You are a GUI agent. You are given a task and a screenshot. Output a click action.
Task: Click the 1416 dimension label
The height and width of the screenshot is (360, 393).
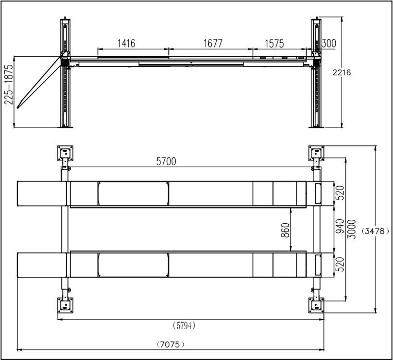click(126, 43)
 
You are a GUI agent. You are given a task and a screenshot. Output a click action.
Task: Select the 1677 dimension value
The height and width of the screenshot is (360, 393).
click(213, 43)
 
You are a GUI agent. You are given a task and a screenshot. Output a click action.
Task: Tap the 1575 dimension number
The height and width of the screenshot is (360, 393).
click(274, 44)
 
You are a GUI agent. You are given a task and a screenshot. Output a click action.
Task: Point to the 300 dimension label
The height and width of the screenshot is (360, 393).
click(329, 43)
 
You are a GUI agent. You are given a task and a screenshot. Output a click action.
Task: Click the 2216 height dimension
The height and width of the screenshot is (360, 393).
click(342, 72)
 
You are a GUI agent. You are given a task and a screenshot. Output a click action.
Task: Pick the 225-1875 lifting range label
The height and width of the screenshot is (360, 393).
click(9, 84)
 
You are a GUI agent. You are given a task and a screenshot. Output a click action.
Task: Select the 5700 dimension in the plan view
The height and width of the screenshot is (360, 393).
click(166, 161)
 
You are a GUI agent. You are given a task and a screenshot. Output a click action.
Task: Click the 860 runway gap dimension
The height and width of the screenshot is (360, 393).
click(285, 230)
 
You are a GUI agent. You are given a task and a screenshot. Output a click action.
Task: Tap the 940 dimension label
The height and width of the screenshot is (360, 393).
click(340, 226)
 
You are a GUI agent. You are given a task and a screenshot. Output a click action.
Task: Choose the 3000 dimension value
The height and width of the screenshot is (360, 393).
click(352, 229)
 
